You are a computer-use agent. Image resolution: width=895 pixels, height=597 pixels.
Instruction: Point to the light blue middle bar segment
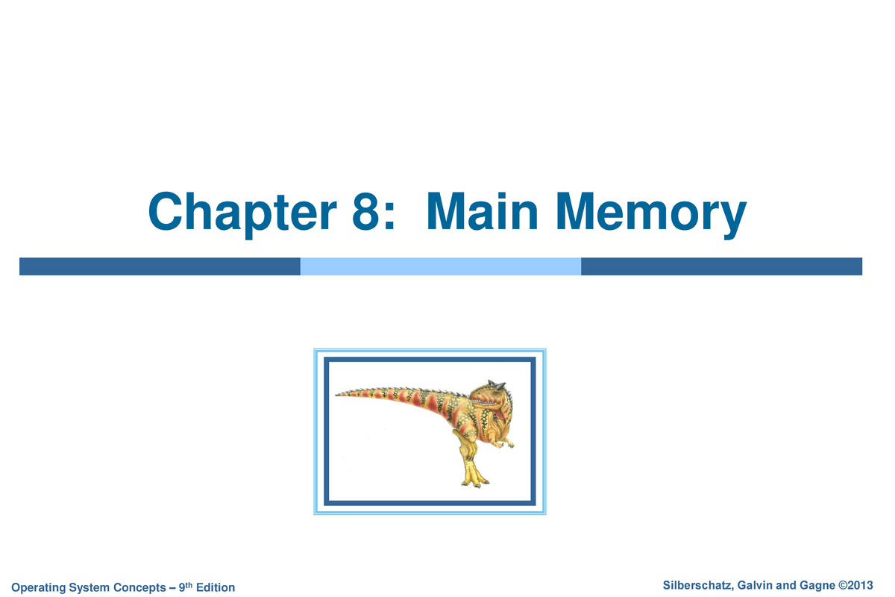click(440, 266)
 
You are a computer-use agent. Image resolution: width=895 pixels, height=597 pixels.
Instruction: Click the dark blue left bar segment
click(160, 266)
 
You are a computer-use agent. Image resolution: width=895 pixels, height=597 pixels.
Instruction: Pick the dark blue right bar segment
click(721, 266)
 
